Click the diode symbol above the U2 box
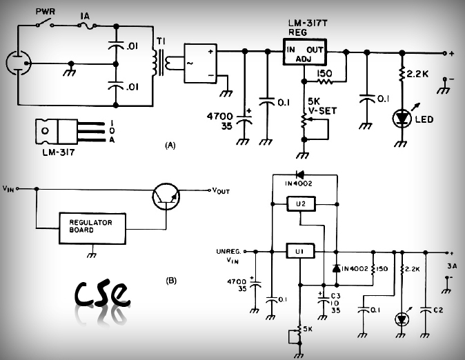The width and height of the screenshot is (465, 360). pyautogui.click(x=300, y=175)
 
